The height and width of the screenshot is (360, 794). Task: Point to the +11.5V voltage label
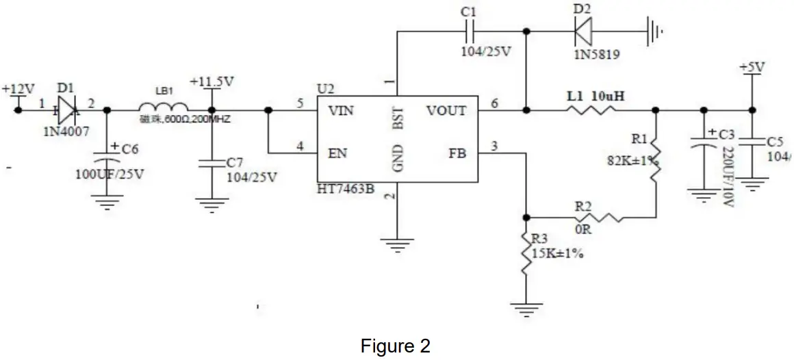pyautogui.click(x=212, y=81)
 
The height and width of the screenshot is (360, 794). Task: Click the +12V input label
pyautogui.click(x=18, y=90)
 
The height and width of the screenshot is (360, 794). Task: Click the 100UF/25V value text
pyautogui.click(x=110, y=173)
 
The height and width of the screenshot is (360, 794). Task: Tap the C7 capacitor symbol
pyautogui.click(x=212, y=163)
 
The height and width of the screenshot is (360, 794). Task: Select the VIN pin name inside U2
pyautogui.click(x=340, y=111)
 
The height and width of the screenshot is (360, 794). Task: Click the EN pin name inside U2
pyautogui.click(x=337, y=153)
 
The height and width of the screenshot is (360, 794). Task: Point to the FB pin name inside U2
pyautogui.click(x=457, y=153)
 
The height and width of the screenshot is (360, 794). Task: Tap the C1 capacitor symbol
pyautogui.click(x=469, y=31)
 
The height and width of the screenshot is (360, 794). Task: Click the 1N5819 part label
pyautogui.click(x=597, y=54)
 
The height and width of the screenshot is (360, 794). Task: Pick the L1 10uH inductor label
pyautogui.click(x=595, y=97)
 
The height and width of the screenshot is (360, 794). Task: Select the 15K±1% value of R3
pyautogui.click(x=557, y=254)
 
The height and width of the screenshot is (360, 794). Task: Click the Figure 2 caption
pyautogui.click(x=396, y=346)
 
